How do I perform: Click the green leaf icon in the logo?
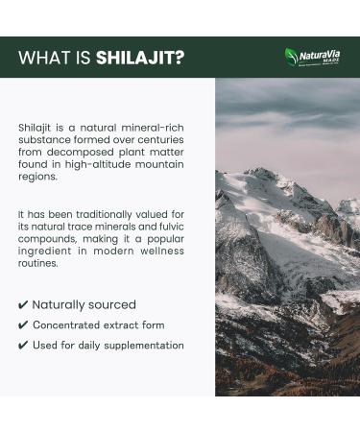pos(292,56)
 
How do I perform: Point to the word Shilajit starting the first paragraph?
pos(36,127)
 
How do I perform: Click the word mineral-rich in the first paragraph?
pos(160,127)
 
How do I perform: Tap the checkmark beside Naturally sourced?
pos(23,304)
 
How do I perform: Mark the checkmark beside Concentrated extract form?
pos(23,325)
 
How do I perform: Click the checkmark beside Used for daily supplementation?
pos(23,346)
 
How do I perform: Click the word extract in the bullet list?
pos(121,325)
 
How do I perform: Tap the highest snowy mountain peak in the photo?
pos(261,174)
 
